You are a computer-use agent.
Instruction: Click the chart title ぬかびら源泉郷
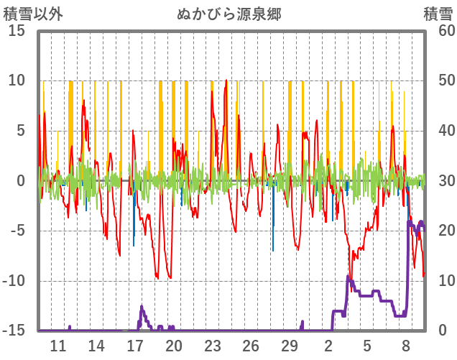pyautogui.click(x=228, y=14)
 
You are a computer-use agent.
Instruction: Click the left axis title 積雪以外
pyautogui.click(x=28, y=14)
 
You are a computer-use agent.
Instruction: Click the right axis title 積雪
pyautogui.click(x=437, y=14)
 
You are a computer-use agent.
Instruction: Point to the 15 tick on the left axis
pyautogui.click(x=17, y=31)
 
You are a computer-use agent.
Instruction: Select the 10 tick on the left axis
pyautogui.click(x=17, y=80)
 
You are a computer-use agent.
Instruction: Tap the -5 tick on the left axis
pyautogui.click(x=17, y=231)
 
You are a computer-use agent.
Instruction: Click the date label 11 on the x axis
pyautogui.click(x=57, y=345)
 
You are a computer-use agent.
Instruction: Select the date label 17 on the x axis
pyautogui.click(x=135, y=345)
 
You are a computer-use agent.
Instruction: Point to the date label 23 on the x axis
pyautogui.click(x=212, y=345)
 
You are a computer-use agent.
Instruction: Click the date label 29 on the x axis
pyautogui.click(x=290, y=345)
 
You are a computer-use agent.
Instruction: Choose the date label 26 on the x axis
pyautogui.click(x=251, y=345)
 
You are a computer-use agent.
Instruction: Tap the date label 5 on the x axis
pyautogui.click(x=367, y=345)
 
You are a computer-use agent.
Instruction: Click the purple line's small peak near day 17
pyautogui.click(x=142, y=307)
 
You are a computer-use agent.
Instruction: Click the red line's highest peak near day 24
pyautogui.click(x=226, y=80)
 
